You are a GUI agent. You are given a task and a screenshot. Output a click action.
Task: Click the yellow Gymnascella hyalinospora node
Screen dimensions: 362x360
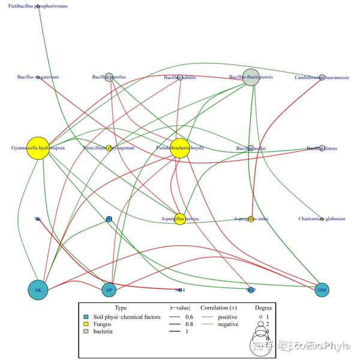(38, 147)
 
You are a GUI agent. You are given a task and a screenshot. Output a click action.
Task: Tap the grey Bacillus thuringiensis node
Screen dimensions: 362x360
(251, 77)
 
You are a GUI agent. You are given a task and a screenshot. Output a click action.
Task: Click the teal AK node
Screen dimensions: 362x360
(38, 290)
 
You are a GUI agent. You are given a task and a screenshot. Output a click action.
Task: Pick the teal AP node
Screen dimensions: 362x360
(109, 290)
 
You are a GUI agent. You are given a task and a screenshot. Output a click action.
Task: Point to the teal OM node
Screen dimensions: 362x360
(322, 290)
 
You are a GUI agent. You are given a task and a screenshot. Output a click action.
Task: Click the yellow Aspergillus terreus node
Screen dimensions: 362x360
(180, 219)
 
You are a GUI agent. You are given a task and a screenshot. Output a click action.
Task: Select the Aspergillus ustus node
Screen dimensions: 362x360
(251, 219)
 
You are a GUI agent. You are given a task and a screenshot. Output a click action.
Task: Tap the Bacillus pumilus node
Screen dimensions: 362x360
(109, 77)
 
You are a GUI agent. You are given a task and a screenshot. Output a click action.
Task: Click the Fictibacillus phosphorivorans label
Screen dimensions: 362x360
(38, 6)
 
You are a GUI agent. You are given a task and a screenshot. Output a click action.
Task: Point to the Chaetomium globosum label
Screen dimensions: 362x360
(322, 219)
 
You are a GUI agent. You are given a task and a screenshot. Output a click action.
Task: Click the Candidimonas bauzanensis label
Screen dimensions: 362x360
(322, 77)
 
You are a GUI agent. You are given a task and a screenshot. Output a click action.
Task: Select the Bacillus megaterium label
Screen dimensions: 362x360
(38, 77)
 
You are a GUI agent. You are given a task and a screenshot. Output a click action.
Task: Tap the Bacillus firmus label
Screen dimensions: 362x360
(322, 147)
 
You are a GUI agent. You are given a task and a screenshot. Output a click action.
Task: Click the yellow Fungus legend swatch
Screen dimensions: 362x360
(87, 324)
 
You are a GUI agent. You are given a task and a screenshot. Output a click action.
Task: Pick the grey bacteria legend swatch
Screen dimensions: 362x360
(87, 331)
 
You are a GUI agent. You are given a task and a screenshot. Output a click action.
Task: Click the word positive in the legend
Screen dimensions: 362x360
(227, 317)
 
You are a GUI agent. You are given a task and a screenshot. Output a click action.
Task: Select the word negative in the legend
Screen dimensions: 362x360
(228, 324)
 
